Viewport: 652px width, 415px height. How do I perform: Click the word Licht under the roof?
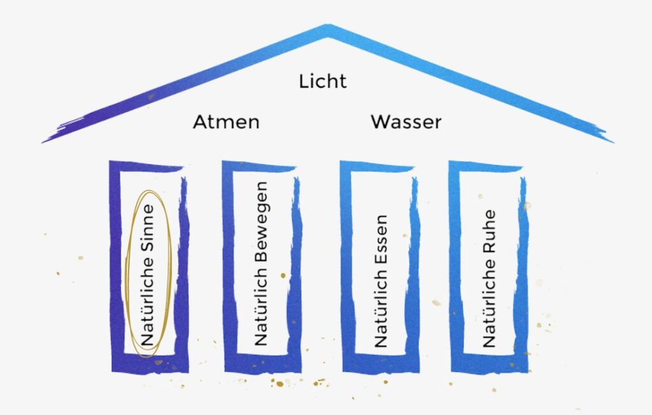pyautogui.click(x=323, y=81)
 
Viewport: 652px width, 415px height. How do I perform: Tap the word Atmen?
pyautogui.click(x=226, y=122)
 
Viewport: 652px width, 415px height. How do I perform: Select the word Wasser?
pyautogui.click(x=406, y=122)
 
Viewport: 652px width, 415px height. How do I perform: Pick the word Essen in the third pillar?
pyautogui.click(x=381, y=238)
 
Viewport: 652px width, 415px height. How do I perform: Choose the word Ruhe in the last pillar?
pyautogui.click(x=489, y=232)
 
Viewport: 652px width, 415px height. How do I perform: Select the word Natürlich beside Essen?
pyautogui.click(x=381, y=306)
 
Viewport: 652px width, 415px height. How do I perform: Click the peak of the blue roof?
pyautogui.click(x=328, y=26)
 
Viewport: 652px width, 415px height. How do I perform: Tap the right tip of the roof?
pyautogui.click(x=614, y=143)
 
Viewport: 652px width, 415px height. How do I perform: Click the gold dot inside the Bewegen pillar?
pyautogui.click(x=283, y=275)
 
